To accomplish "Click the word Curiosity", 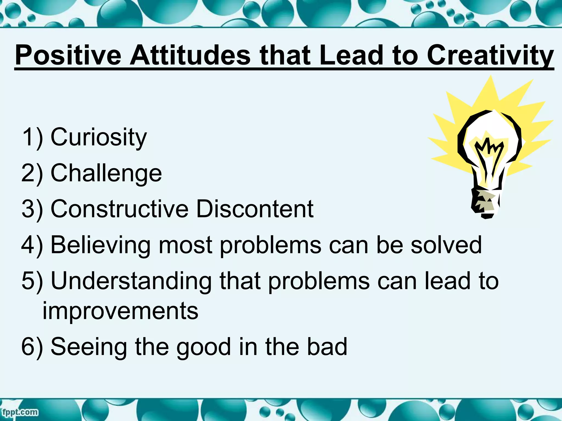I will (99, 137).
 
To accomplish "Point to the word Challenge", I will (106, 173).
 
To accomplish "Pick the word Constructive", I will (119, 209).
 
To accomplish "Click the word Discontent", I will (255, 209).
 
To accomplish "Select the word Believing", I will (100, 245).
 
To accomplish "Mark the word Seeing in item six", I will (89, 347).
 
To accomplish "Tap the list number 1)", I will (32, 137).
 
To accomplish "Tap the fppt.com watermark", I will (20, 412).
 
